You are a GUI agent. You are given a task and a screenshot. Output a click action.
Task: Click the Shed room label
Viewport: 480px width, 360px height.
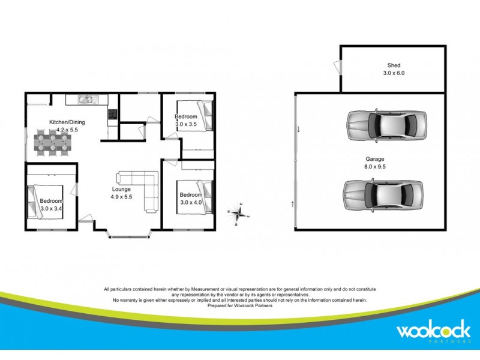pos(394,65)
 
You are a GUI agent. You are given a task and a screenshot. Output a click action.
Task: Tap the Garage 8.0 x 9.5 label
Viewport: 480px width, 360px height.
pos(375,159)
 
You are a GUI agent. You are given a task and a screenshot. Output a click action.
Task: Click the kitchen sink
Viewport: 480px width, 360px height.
pos(87,100)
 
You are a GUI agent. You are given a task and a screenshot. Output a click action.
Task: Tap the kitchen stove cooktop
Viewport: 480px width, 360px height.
pos(112,114)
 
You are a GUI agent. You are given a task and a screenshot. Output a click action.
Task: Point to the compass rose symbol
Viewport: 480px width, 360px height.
pos(239,212)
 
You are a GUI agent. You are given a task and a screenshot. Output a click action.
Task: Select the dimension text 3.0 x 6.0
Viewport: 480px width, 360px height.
pos(394,73)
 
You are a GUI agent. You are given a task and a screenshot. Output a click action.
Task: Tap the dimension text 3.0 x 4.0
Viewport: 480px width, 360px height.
pos(191,202)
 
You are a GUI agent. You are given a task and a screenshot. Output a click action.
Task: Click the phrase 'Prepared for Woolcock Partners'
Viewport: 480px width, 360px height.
pos(240,305)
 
